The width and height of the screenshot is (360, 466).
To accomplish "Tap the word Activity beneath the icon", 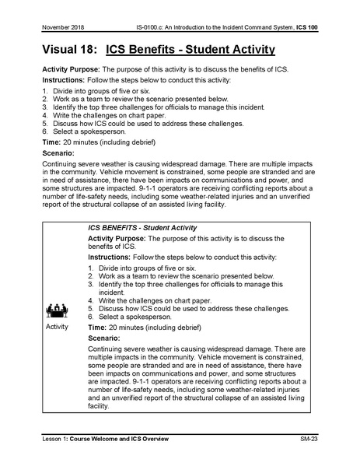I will coord(58,327).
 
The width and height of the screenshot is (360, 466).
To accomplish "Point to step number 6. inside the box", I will coord(91,319).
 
